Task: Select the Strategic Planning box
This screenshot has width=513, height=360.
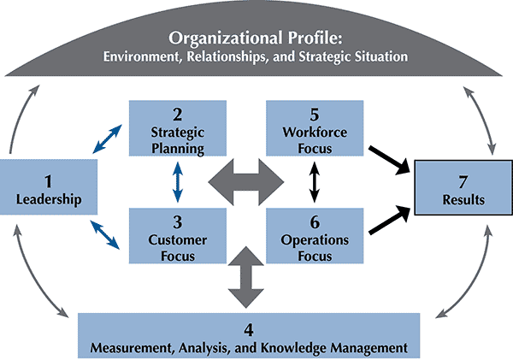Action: point(177,127)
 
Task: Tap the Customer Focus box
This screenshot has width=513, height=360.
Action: point(177,235)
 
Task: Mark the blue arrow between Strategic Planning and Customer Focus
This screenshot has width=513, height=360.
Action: point(177,181)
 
